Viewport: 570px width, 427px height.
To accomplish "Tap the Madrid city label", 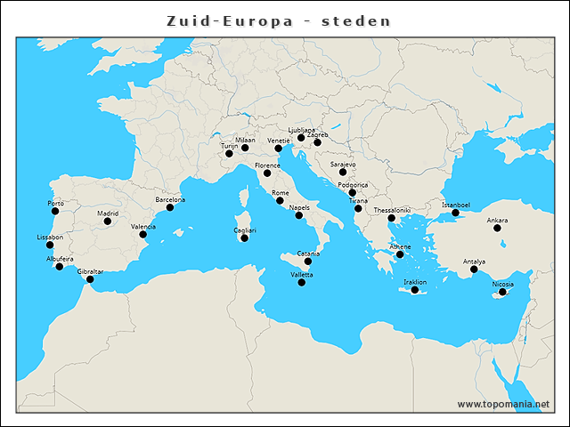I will point(108,213).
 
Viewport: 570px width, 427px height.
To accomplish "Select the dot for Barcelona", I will point(170,207).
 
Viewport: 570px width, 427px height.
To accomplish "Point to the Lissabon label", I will point(50,238).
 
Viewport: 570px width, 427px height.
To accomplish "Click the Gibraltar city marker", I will point(89,279).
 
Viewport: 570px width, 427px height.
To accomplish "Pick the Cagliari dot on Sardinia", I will point(244,238).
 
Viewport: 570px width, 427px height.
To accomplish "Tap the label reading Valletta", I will point(302,275).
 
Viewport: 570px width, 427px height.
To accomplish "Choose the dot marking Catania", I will point(308,262).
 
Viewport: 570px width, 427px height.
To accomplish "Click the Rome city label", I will point(280,193).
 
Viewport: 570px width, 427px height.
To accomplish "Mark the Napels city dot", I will point(299,215).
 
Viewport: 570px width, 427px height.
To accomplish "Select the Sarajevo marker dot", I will point(343,173).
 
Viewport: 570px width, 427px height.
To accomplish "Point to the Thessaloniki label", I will point(392,211).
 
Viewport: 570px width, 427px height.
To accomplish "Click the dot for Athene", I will point(400,254).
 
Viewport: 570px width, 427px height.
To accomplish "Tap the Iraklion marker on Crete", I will point(415,290).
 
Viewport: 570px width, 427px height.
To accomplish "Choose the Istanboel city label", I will point(456,205).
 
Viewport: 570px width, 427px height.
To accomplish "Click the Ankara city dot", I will point(497,228).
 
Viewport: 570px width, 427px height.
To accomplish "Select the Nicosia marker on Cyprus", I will point(503,292).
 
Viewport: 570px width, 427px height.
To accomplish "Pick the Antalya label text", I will point(474,262).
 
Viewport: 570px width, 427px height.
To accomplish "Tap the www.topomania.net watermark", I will point(503,404).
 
